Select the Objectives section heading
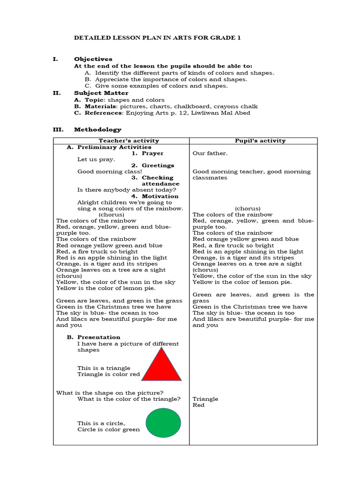(93, 59)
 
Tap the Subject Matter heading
(101, 93)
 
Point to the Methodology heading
(97, 129)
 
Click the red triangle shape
(161, 366)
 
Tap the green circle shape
(163, 422)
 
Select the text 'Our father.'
(210, 153)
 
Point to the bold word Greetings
(158, 165)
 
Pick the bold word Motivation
(160, 196)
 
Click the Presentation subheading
(98, 337)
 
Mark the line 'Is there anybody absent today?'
(127, 190)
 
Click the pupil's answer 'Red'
(198, 405)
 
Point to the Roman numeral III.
(56, 129)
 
